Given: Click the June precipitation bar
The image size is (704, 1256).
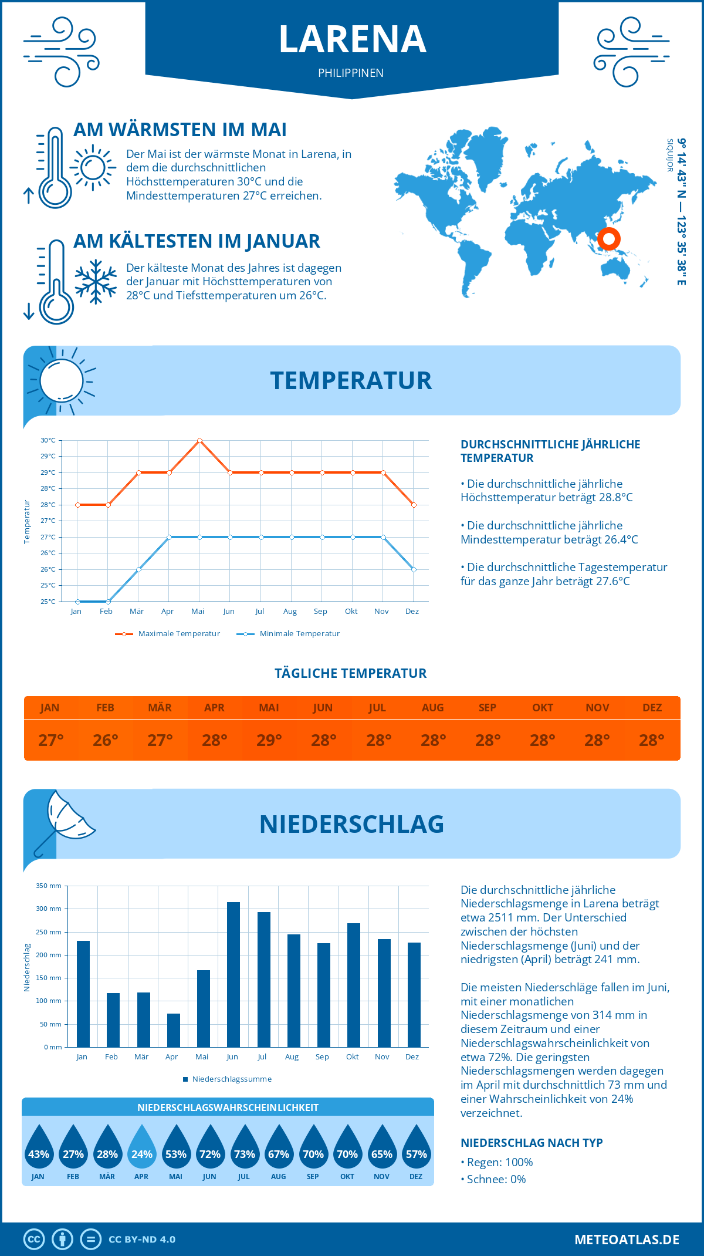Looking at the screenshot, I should [233, 974].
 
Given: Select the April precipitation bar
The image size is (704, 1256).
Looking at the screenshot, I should [173, 1030].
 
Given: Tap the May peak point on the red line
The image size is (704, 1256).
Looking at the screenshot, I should [199, 440].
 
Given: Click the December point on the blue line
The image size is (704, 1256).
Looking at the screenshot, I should [414, 569].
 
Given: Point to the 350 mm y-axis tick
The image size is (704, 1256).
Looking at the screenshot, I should [49, 886].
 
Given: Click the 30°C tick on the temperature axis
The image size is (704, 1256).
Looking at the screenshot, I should [48, 440].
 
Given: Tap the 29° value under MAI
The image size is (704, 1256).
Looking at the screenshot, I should [269, 740].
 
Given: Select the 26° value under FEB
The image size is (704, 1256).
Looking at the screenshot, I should [105, 740].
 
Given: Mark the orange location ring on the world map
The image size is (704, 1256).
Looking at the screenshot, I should [608, 239].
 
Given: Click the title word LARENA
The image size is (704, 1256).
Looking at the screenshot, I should [352, 39].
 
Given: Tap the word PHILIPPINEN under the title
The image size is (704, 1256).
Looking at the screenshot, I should [351, 73].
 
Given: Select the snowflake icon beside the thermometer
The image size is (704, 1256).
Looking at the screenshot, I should [96, 282].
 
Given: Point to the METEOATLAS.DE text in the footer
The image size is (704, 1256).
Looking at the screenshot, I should [627, 1240].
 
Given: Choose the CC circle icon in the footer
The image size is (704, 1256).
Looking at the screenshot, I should [34, 1240].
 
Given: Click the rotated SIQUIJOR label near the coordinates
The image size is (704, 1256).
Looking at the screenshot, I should [669, 156].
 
